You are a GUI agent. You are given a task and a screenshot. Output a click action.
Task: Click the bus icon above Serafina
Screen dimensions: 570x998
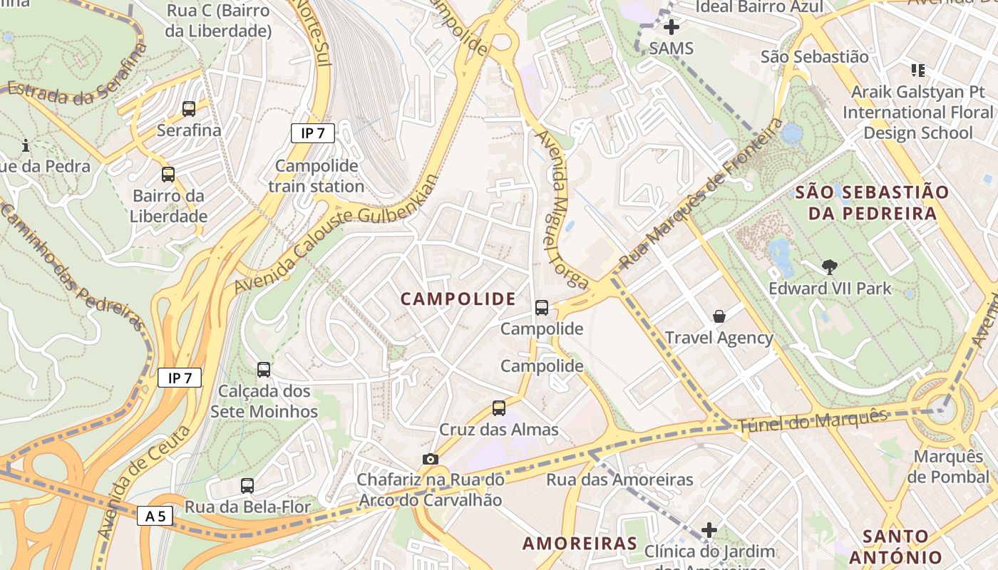click(189, 109)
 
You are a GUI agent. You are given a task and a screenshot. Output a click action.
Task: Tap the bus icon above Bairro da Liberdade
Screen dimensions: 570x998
click(168, 175)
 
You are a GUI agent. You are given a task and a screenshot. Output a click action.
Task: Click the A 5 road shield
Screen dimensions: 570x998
click(155, 516)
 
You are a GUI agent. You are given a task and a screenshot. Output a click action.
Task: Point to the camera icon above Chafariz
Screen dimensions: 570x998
click(430, 460)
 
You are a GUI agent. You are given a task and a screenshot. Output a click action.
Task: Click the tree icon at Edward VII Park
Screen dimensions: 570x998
click(829, 267)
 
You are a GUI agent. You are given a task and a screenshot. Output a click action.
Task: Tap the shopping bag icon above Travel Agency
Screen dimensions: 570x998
click(719, 316)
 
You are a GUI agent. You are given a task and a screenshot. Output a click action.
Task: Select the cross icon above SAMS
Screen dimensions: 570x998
click(671, 28)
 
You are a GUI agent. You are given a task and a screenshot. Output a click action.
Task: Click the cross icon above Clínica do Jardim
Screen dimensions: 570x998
click(709, 530)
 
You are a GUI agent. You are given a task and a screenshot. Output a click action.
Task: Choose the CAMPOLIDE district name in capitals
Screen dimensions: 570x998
click(458, 299)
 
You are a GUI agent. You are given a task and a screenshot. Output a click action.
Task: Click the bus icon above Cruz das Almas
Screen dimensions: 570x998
click(499, 408)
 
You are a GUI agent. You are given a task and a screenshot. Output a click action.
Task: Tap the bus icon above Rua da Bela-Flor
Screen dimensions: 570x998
click(247, 486)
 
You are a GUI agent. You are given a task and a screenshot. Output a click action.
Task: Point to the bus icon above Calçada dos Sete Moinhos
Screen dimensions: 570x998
click(264, 370)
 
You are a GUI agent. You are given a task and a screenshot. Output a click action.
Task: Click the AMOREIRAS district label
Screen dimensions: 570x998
click(580, 544)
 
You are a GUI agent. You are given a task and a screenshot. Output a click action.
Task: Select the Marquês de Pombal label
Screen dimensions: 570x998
click(952, 467)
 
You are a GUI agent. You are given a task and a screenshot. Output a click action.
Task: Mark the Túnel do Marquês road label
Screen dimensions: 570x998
click(813, 422)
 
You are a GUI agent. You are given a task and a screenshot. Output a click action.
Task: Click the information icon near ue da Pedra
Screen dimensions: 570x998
click(26, 145)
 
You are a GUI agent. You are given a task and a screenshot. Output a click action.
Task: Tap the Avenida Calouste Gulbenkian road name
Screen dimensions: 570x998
click(335, 235)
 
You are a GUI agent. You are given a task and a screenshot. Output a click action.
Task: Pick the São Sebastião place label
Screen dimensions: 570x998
click(815, 57)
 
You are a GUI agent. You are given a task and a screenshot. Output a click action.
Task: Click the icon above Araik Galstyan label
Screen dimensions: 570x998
click(917, 70)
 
